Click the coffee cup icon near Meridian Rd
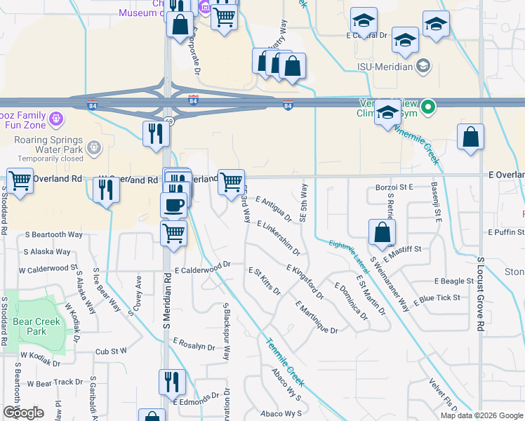173,205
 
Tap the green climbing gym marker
430,107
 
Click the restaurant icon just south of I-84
154,133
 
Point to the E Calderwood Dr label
203,267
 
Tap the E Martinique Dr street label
317,317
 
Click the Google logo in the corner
23,413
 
